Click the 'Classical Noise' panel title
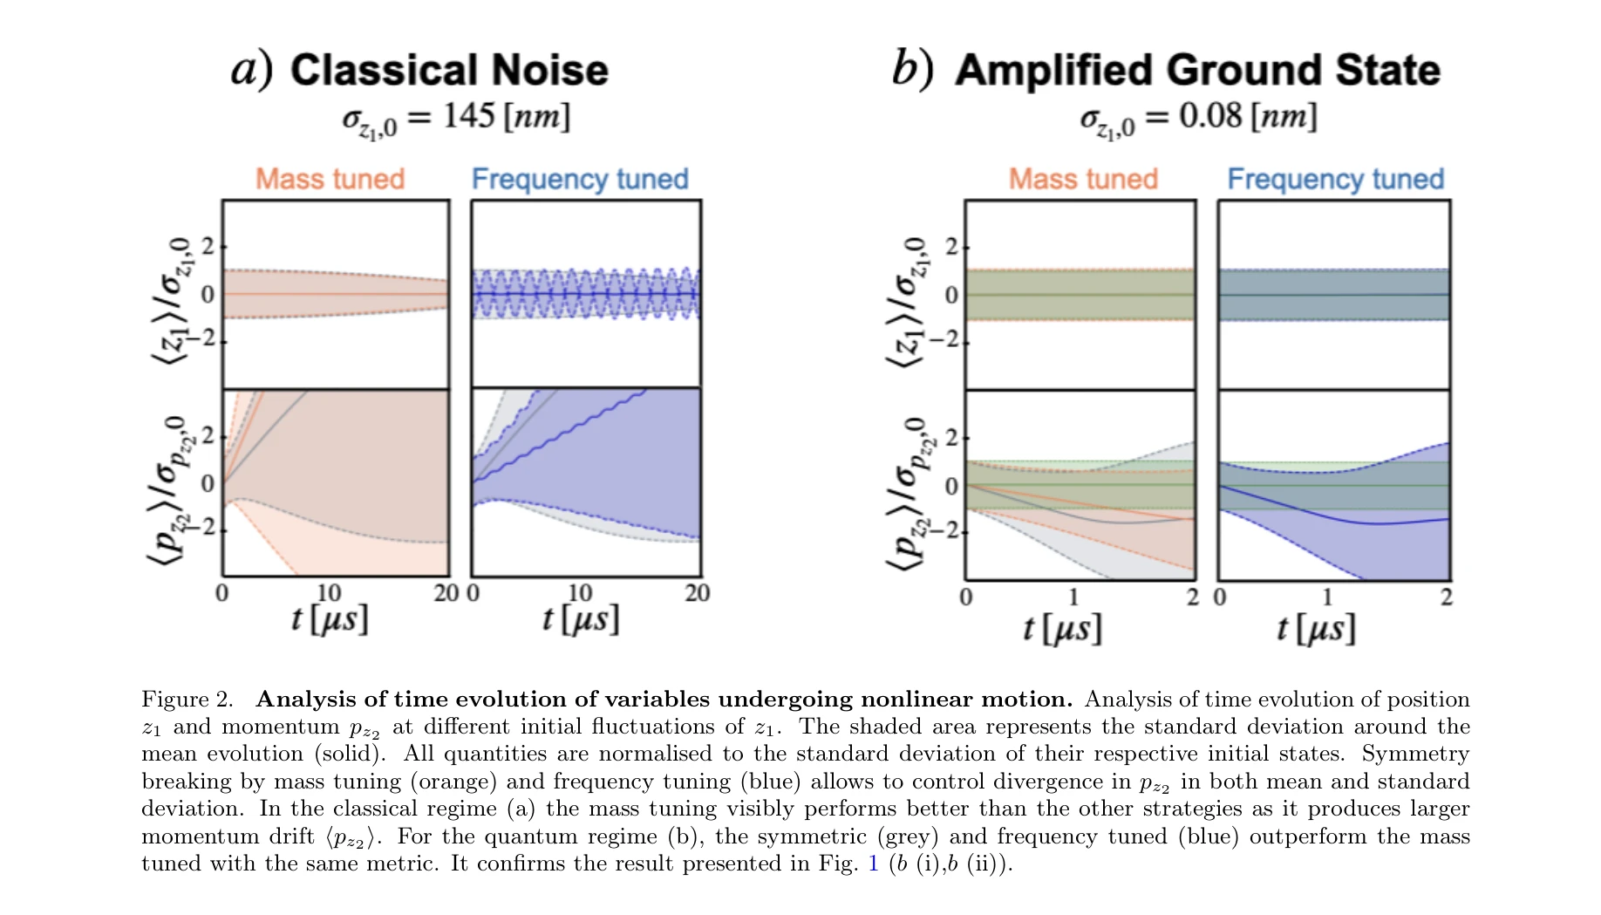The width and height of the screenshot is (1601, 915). (x=449, y=70)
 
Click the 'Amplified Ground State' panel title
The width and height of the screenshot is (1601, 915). (x=1197, y=70)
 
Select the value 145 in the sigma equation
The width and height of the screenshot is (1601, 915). (x=469, y=116)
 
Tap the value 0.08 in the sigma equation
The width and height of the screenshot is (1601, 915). (x=1209, y=116)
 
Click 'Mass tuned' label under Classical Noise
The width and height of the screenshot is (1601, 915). (x=330, y=179)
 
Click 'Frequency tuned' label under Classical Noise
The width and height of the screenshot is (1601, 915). (x=580, y=179)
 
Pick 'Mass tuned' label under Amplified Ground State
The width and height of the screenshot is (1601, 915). (x=1083, y=179)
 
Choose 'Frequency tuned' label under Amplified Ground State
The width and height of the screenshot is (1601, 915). (x=1335, y=179)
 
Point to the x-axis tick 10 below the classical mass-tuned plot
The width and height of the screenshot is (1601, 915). (x=328, y=593)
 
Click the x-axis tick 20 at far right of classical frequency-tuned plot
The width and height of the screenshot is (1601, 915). (x=697, y=593)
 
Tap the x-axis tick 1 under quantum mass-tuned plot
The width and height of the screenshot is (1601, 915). (x=1073, y=597)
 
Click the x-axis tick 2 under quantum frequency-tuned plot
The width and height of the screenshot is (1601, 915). (x=1446, y=597)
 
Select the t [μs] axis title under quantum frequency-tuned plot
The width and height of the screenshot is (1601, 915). (x=1316, y=628)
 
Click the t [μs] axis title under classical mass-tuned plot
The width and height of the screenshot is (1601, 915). (x=329, y=619)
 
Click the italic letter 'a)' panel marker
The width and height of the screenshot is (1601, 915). (x=251, y=68)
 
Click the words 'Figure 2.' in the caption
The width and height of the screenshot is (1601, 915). (x=187, y=700)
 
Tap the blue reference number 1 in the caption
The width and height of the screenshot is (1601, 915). (x=874, y=864)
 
